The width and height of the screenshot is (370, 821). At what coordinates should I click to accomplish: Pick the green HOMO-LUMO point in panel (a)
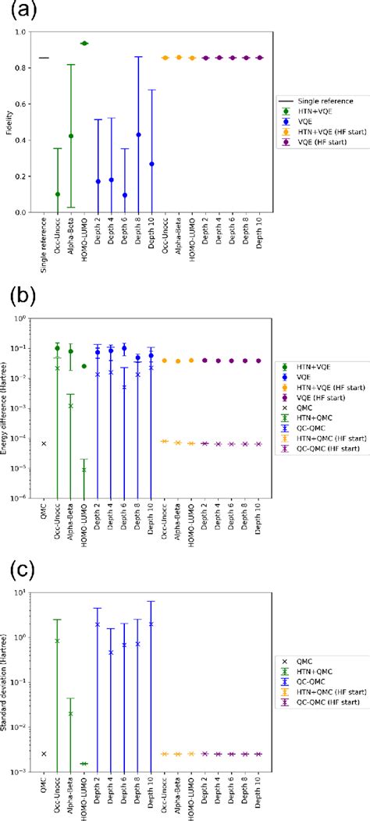click(x=84, y=43)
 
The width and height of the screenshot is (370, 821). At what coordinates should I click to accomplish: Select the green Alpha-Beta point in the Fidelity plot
click(x=71, y=136)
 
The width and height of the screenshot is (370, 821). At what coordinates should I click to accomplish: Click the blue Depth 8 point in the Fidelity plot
click(x=138, y=134)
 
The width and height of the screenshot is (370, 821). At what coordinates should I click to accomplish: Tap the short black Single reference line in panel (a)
click(x=44, y=58)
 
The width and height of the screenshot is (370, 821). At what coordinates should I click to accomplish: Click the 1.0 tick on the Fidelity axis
click(x=25, y=32)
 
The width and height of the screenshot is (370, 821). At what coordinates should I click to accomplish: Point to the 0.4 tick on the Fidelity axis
click(x=25, y=140)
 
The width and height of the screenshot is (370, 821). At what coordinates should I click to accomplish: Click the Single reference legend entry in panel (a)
click(x=312, y=101)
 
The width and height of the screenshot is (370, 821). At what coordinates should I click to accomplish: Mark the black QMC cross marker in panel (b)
click(x=44, y=443)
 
